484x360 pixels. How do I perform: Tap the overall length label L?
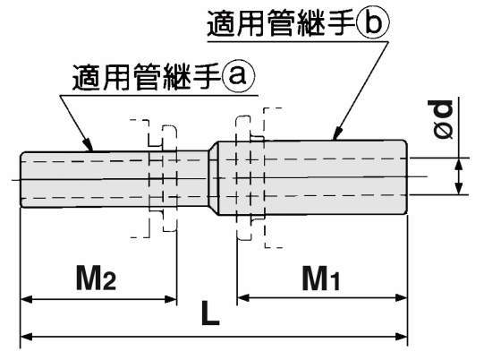click(x=210, y=315)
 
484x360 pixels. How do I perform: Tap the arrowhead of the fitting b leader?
click(x=336, y=138)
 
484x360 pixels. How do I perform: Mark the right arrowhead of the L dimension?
click(x=403, y=338)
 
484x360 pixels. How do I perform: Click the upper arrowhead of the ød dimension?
click(x=459, y=161)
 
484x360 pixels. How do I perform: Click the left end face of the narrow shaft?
click(x=21, y=179)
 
